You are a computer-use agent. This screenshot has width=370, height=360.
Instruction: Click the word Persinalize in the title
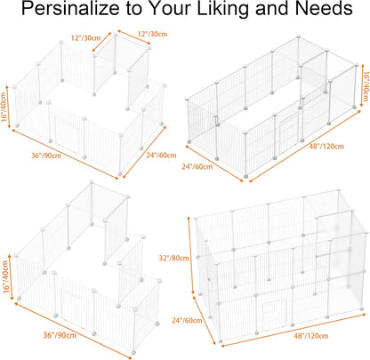coord(71,8)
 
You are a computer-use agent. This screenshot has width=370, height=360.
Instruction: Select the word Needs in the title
coord(324,8)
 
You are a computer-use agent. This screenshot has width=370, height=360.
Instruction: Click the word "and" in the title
coord(272,8)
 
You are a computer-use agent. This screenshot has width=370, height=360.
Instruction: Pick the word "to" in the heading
coord(134,9)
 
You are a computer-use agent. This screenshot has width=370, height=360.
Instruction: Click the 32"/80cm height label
coord(173,258)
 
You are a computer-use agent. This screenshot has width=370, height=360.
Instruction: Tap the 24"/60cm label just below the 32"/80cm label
coord(187,320)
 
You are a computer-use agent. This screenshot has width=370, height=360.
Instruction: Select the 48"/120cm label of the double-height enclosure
coord(311,336)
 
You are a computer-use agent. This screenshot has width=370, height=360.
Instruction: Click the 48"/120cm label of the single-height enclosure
coord(326,147)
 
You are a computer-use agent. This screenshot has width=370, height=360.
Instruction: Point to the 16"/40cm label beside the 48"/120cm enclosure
coord(366,86)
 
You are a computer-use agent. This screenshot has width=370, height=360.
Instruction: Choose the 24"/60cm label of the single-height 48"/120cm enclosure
coord(197,167)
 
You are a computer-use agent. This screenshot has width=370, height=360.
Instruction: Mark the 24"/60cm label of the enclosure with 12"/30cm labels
coord(161,156)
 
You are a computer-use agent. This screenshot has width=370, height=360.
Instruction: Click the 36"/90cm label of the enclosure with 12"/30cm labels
coord(46,156)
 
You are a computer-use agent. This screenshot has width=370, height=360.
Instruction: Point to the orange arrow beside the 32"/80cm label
coord(190,256)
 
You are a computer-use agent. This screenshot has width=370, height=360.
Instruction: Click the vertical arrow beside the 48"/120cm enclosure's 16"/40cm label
coord(362,86)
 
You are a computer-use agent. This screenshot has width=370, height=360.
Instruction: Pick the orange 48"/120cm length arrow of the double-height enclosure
coord(294,330)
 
